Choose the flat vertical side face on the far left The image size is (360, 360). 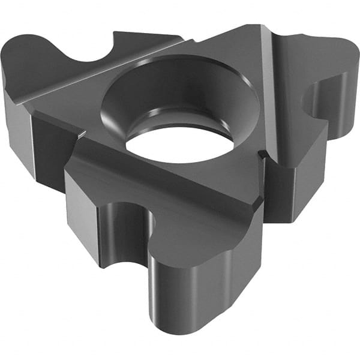click(18, 126)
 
